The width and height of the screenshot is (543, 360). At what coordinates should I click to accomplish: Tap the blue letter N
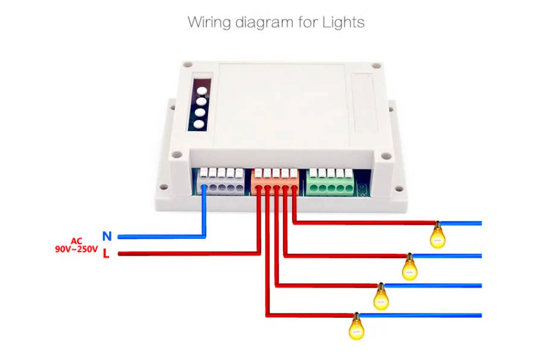pyautogui.click(x=107, y=236)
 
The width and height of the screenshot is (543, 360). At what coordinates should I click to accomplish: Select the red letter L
pyautogui.click(x=106, y=254)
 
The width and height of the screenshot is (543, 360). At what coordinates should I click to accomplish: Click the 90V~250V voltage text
pyautogui.click(x=76, y=249)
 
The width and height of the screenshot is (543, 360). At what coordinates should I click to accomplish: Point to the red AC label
pyautogui.click(x=76, y=241)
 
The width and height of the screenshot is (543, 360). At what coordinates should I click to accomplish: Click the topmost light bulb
pyautogui.click(x=437, y=236)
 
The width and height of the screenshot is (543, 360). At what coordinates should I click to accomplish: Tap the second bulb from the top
pyautogui.click(x=410, y=267)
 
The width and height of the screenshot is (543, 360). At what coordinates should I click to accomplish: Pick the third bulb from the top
pyautogui.click(x=381, y=297)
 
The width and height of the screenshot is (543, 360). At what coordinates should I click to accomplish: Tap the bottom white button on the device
pyautogui.click(x=199, y=125)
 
